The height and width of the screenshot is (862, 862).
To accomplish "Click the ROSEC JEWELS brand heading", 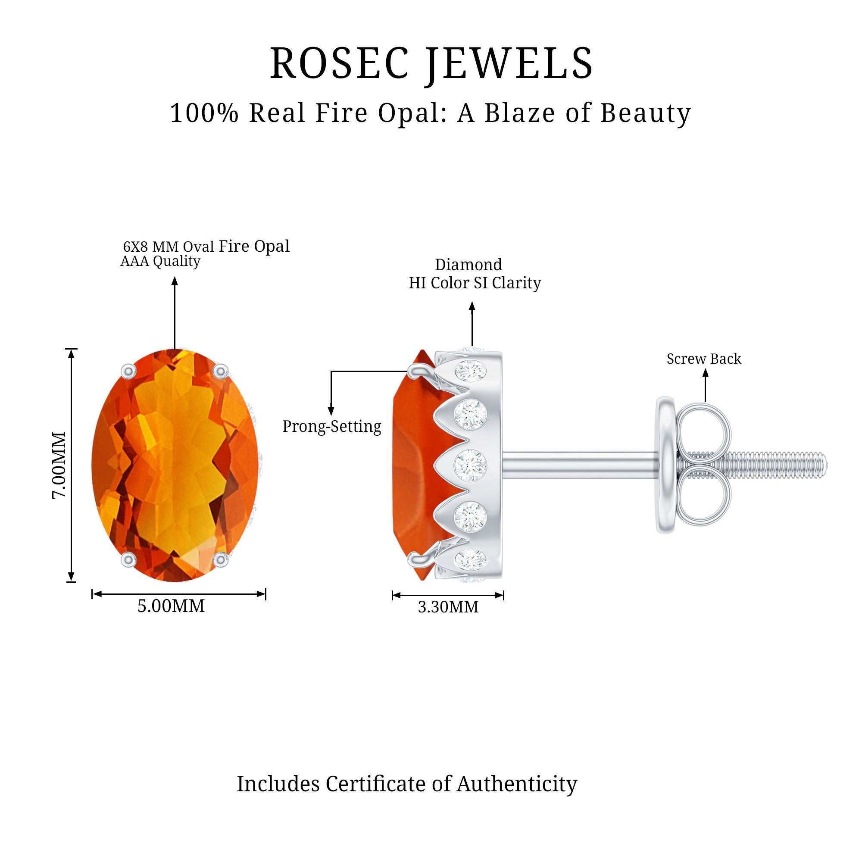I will pyautogui.click(x=431, y=64).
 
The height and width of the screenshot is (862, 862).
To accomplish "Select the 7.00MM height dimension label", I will pyautogui.click(x=59, y=465).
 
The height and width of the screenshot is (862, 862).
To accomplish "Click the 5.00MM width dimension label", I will pyautogui.click(x=171, y=606).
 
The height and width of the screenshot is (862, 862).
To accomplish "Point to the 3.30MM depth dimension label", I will pyautogui.click(x=448, y=607).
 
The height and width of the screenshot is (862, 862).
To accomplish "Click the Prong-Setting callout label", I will pyautogui.click(x=331, y=427).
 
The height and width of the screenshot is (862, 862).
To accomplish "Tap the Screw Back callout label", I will pyautogui.click(x=704, y=359).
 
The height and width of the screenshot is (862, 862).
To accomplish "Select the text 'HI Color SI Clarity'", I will pyautogui.click(x=475, y=283).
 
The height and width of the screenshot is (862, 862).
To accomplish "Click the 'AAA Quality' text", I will pyautogui.click(x=160, y=261).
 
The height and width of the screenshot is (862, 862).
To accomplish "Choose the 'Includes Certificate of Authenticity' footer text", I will pyautogui.click(x=406, y=784).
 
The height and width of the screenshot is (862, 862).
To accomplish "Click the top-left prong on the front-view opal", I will pyautogui.click(x=128, y=371).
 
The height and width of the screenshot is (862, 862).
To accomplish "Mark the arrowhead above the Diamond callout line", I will pyautogui.click(x=472, y=306).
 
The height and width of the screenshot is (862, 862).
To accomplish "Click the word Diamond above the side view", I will pyautogui.click(x=468, y=265).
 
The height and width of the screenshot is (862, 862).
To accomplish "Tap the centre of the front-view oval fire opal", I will pyautogui.click(x=175, y=465).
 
